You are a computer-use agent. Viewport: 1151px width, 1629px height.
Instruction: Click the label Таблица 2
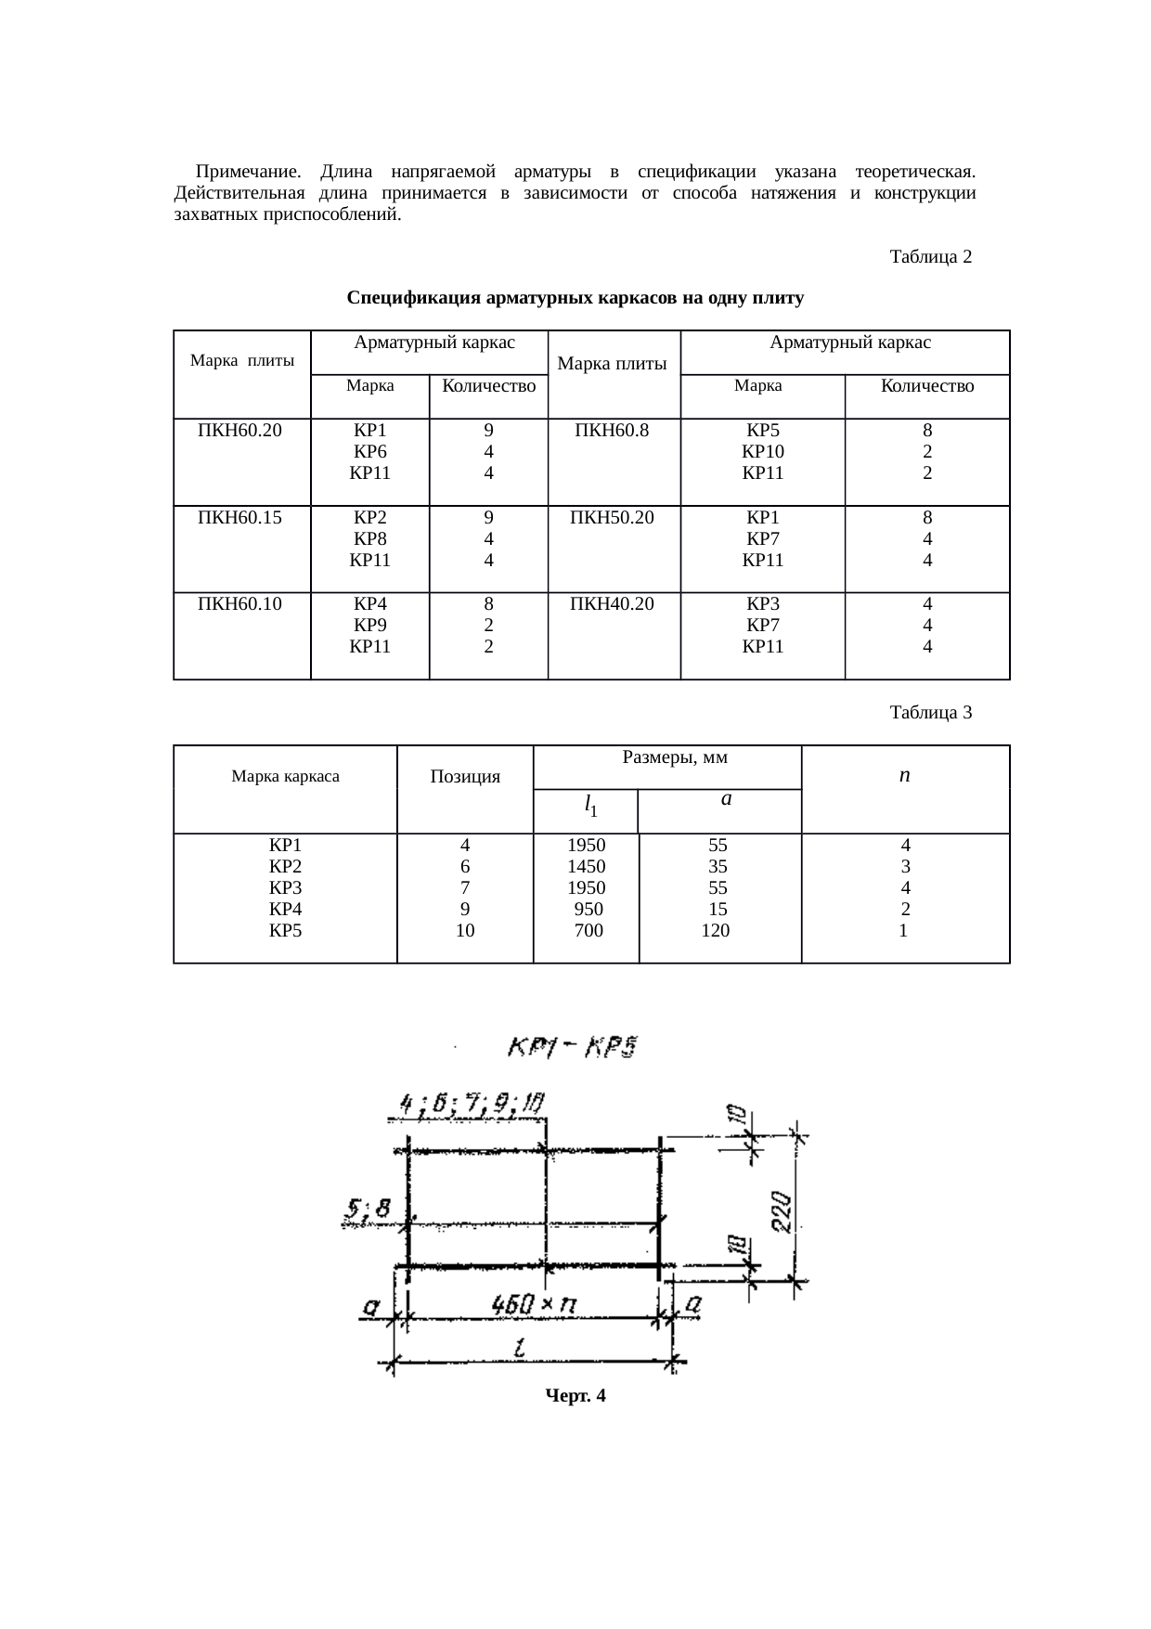pyautogui.click(x=930, y=256)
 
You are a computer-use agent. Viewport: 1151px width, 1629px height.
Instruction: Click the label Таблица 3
pyautogui.click(x=930, y=713)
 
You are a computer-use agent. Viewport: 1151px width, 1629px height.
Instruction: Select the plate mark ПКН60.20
pyautogui.click(x=240, y=431)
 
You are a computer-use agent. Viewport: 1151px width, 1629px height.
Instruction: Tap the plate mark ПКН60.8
pyautogui.click(x=612, y=431)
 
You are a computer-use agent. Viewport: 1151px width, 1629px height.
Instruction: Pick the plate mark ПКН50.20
pyautogui.click(x=612, y=518)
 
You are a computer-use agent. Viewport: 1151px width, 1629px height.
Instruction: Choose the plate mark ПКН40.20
pyautogui.click(x=612, y=604)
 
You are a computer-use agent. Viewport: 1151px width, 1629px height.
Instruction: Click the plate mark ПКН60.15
pyautogui.click(x=240, y=518)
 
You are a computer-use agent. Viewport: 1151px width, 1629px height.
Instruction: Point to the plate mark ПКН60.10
pyautogui.click(x=240, y=604)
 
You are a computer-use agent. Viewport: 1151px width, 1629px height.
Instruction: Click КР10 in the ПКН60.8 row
pyautogui.click(x=763, y=452)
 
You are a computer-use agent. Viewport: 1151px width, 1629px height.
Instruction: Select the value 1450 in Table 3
pyautogui.click(x=586, y=867)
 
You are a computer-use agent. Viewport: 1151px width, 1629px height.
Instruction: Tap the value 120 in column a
pyautogui.click(x=716, y=930)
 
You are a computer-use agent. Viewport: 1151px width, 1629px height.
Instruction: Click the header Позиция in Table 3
pyautogui.click(x=465, y=777)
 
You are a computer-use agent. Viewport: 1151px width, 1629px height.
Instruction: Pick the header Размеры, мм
pyautogui.click(x=674, y=757)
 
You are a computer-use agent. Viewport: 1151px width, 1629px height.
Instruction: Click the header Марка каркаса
pyautogui.click(x=285, y=777)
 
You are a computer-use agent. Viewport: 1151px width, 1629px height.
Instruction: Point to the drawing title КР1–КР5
pyautogui.click(x=571, y=1050)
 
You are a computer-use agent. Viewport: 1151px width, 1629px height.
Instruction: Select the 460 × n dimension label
pyautogui.click(x=533, y=1305)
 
